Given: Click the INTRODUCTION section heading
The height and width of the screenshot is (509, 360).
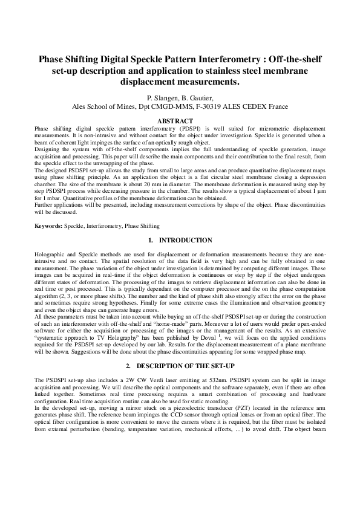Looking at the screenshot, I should click(x=185, y=240).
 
